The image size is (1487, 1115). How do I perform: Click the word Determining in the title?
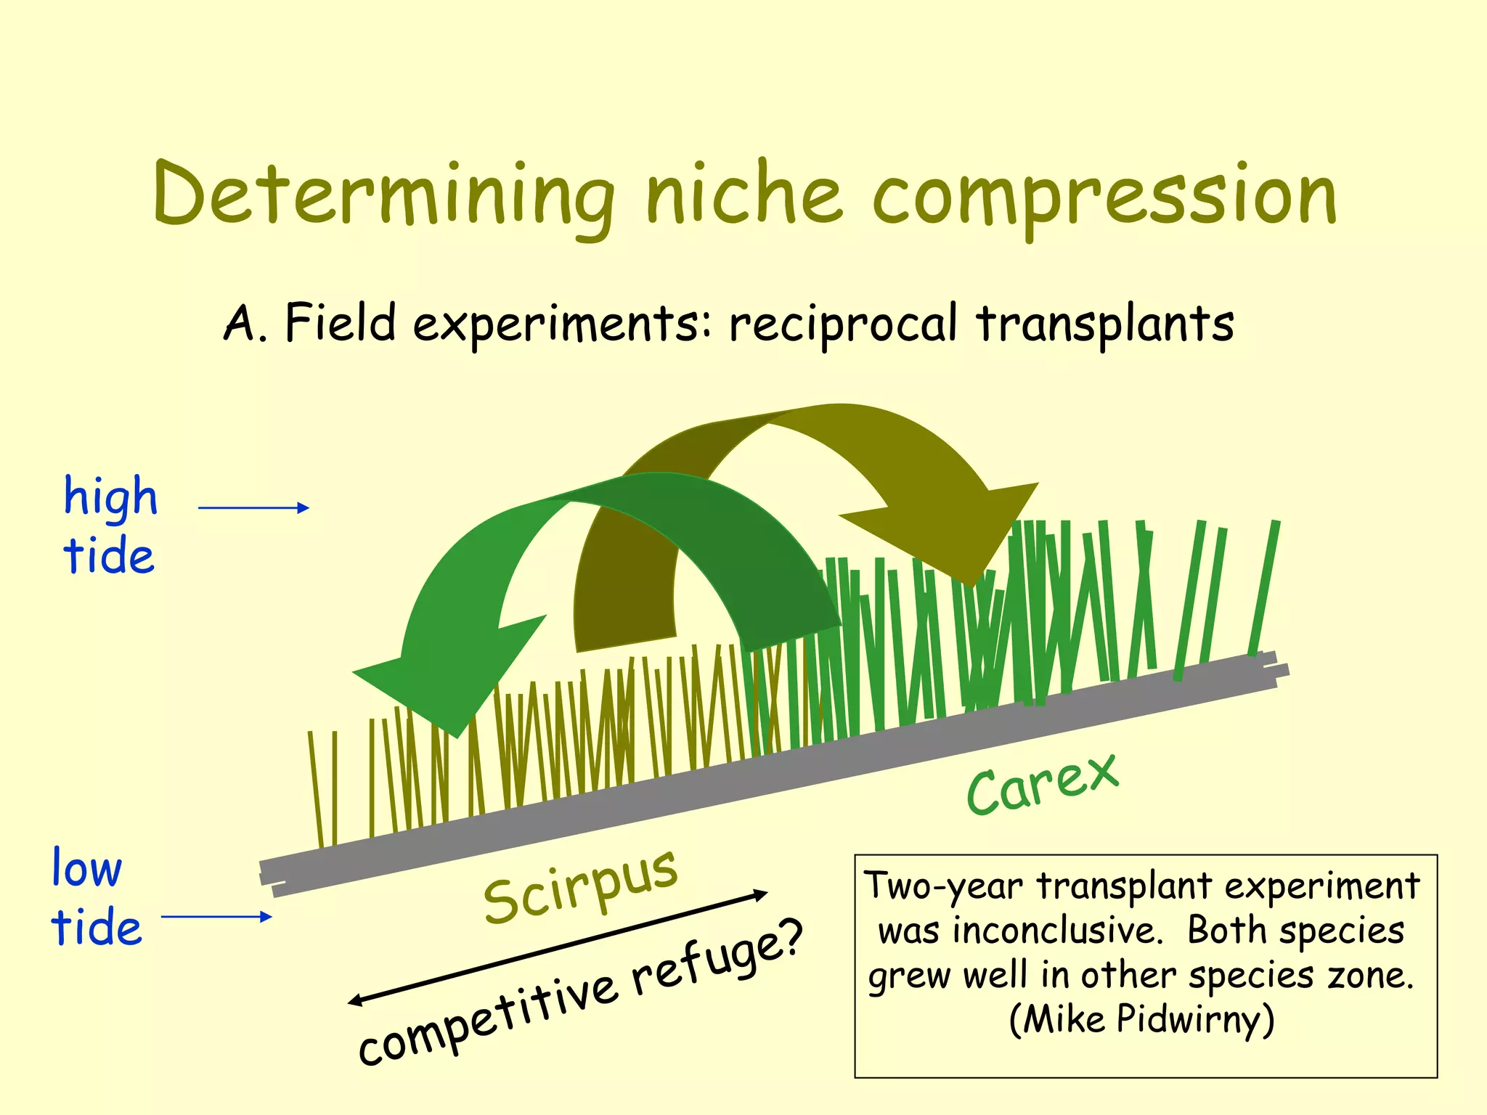[x=383, y=195]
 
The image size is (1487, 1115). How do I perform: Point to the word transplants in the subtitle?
[x=1104, y=324]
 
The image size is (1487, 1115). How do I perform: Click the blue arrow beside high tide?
[x=253, y=507]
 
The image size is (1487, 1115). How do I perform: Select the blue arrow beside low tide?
[x=216, y=917]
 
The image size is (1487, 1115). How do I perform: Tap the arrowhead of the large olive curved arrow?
[x=958, y=530]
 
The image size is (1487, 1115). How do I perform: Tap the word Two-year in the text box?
[x=944, y=886]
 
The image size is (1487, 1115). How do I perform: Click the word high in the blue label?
[x=110, y=497]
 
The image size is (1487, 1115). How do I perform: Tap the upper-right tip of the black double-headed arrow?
[x=765, y=892]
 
